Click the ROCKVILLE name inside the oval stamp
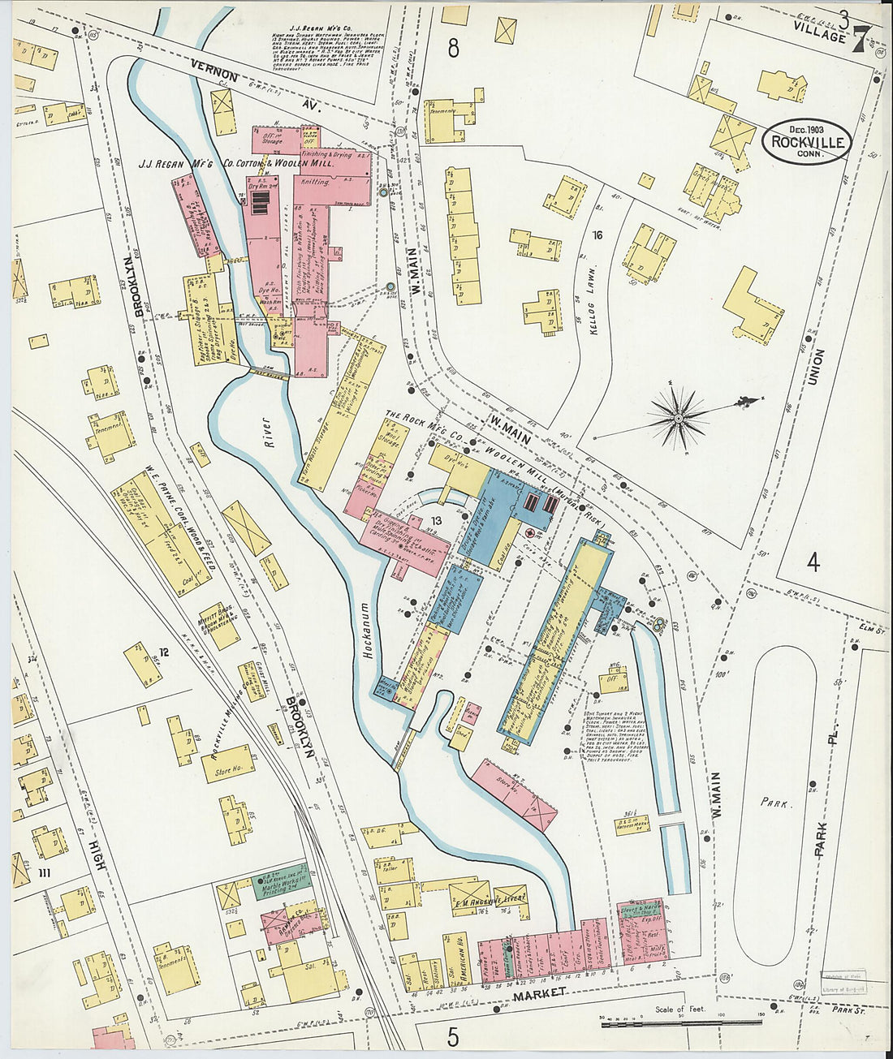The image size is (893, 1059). [x=808, y=142]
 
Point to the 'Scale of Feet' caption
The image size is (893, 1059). [x=680, y=1010]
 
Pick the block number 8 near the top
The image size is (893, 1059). [x=452, y=49]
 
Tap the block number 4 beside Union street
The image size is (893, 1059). [x=813, y=561]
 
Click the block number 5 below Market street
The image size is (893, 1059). [x=452, y=1036]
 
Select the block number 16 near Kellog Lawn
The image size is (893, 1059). [x=598, y=236]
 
